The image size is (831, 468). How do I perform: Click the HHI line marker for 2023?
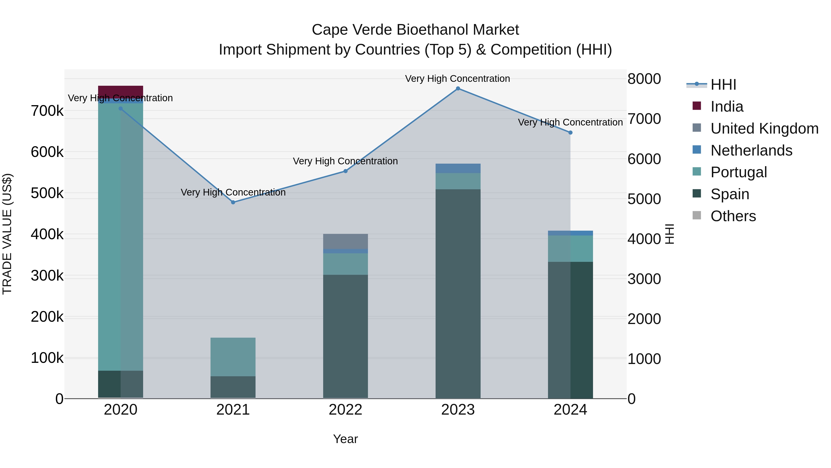click(458, 89)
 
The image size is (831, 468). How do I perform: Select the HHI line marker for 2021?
click(233, 202)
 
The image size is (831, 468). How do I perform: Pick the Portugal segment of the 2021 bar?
click(233, 357)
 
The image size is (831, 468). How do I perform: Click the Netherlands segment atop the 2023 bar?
click(458, 168)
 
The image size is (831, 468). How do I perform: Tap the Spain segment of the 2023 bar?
click(458, 294)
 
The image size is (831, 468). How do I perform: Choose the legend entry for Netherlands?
click(751, 150)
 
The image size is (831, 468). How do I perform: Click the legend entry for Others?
click(733, 216)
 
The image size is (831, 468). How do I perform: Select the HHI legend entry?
click(723, 85)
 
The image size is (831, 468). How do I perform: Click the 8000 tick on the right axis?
click(644, 79)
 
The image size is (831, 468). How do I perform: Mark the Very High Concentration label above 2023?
click(458, 79)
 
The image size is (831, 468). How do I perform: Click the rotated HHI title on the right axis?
click(670, 234)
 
